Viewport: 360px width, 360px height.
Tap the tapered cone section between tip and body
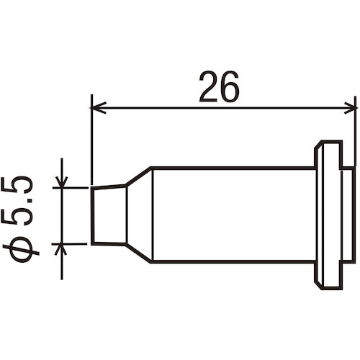click(x=138, y=215)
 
